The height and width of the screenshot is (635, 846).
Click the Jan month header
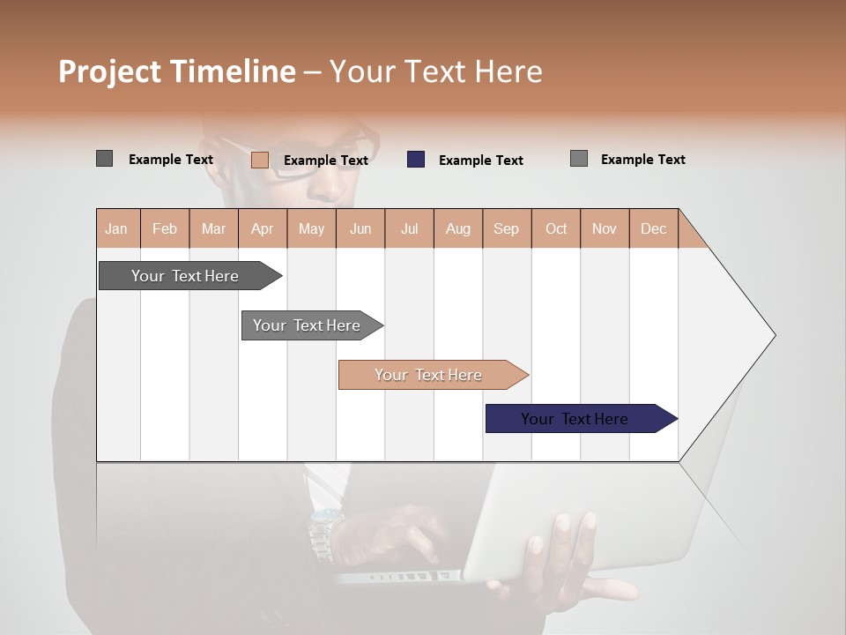(117, 228)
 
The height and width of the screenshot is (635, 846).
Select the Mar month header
(213, 228)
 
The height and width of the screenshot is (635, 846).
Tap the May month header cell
(311, 228)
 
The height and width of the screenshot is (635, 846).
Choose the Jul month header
(409, 228)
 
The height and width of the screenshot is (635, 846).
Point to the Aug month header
(457, 228)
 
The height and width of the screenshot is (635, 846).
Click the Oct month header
(555, 228)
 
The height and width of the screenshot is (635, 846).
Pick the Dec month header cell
(653, 228)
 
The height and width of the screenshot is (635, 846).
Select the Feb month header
(165, 228)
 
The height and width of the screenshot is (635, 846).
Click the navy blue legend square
(416, 160)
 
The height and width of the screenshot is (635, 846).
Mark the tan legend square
(260, 160)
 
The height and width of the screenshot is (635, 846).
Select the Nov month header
(604, 228)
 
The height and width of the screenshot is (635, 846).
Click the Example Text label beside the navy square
(480, 161)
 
